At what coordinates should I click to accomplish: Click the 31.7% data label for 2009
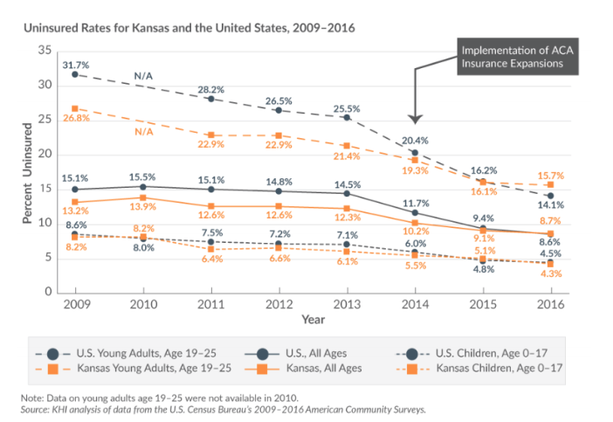point(76,63)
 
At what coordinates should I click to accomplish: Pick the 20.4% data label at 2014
point(414,140)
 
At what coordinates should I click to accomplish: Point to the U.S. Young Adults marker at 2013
point(347,117)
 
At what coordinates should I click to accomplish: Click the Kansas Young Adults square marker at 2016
point(549,184)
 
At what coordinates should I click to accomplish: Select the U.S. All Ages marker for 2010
point(143,186)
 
